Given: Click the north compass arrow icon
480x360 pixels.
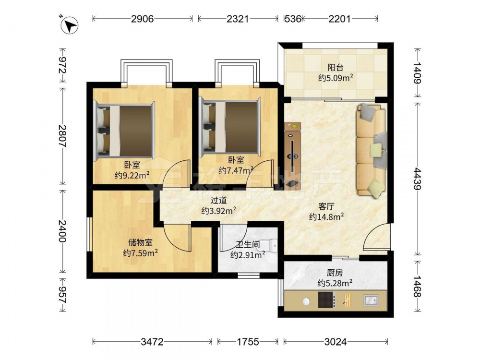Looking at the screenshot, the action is [70, 25].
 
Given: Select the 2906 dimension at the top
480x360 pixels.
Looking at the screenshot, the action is [143, 19].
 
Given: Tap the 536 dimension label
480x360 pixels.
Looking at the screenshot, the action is [293, 19].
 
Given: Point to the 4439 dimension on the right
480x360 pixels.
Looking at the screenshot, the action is [418, 179].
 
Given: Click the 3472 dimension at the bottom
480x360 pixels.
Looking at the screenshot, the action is [152, 341].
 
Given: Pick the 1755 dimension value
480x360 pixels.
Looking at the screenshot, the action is [248, 341].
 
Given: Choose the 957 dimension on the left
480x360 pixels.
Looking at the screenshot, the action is [62, 295].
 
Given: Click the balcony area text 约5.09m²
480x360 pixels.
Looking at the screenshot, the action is [336, 78].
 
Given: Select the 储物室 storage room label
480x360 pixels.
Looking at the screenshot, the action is [140, 242].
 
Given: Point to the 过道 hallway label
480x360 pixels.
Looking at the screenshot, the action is [218, 200].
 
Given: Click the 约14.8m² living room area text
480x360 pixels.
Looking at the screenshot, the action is [326, 217].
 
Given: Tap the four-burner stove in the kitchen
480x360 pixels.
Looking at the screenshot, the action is [326, 300].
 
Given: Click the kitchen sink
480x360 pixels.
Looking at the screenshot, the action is [371, 300].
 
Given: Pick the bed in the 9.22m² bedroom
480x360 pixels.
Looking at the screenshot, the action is [125, 131].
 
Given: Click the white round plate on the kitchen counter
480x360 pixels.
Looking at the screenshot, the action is [306, 301].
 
